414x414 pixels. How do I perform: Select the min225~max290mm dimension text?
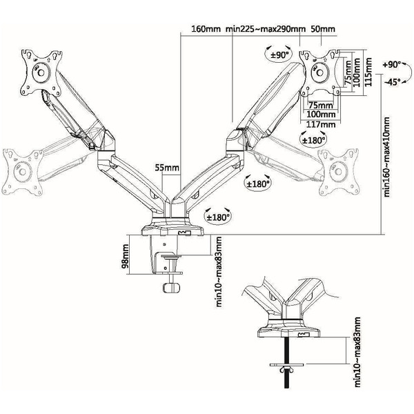pos(266,29)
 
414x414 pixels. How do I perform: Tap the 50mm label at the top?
pos(322,29)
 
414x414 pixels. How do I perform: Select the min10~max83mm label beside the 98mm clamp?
pos(219,271)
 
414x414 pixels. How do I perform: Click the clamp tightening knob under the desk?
pos(172,286)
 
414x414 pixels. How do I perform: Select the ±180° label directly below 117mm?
pos(314,139)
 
